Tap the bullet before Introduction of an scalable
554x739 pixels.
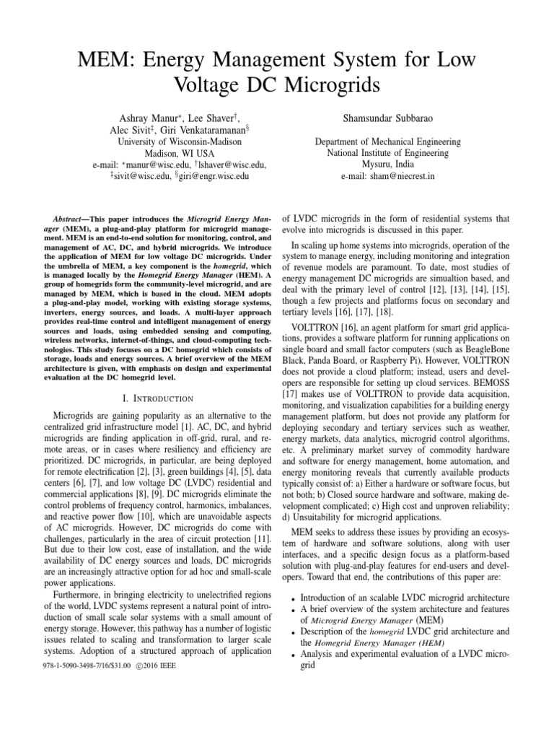pos(290,599)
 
